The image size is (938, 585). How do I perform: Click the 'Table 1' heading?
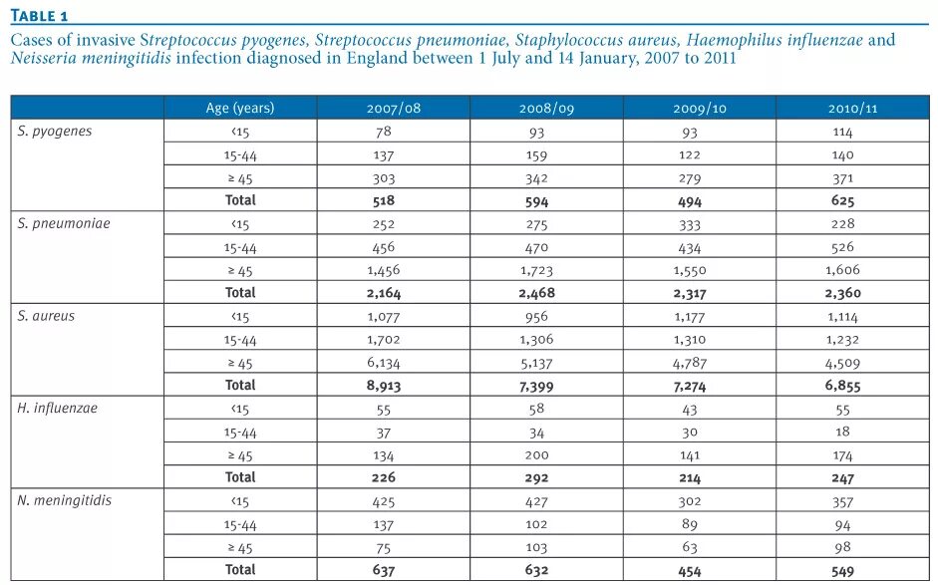(x=39, y=14)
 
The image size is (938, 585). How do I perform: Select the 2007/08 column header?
(x=394, y=108)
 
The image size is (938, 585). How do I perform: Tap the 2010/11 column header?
(x=852, y=108)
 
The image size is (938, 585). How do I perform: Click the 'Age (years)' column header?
(x=239, y=108)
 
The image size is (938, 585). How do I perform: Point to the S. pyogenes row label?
(x=55, y=132)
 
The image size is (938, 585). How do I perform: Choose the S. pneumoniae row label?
(x=64, y=224)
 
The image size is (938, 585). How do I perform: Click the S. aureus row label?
(x=46, y=316)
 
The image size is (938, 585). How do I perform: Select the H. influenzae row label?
(x=58, y=409)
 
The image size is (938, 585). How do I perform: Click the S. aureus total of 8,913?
(x=383, y=386)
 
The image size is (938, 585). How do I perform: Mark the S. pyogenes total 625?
(x=842, y=200)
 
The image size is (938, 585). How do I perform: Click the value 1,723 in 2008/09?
(x=535, y=270)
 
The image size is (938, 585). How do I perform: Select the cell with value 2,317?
(x=689, y=293)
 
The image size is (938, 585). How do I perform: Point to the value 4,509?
(x=842, y=363)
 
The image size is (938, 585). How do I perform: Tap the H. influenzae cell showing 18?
(x=843, y=433)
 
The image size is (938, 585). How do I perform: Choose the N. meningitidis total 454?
(x=689, y=571)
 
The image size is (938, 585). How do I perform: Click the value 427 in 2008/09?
(x=535, y=501)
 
